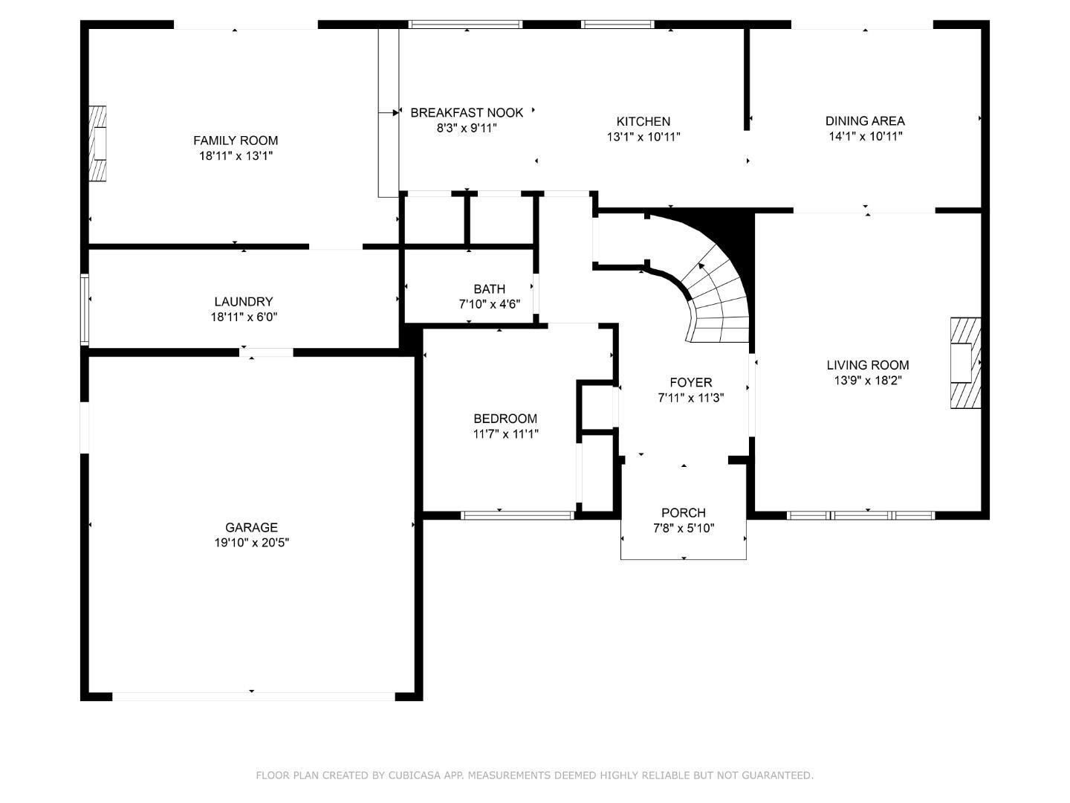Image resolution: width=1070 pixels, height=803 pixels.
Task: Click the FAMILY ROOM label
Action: [236, 141]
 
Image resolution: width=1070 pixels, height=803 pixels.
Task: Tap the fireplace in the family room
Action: [97, 143]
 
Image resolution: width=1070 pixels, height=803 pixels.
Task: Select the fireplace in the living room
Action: [965, 363]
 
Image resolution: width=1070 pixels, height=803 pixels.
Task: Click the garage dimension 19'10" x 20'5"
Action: [252, 543]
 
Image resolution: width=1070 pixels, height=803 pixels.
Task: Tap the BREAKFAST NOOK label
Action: [467, 112]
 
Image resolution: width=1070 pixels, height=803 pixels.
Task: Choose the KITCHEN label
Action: [643, 121]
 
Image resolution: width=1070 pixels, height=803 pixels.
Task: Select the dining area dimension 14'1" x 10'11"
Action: [865, 136]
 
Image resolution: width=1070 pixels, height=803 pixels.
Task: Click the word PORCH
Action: [684, 513]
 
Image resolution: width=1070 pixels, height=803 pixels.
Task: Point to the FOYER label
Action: [691, 382]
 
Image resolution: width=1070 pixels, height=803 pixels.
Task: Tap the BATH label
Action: [489, 288]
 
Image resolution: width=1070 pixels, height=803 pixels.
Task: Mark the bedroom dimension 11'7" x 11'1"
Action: [505, 434]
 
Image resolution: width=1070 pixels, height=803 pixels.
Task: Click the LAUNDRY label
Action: [244, 302]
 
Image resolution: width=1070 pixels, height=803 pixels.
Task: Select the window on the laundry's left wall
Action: [85, 309]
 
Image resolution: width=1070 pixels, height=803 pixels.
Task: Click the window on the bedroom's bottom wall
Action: [517, 515]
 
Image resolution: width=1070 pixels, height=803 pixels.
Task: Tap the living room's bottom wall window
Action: [860, 515]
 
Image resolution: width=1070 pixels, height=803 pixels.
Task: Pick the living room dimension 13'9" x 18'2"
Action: [868, 381]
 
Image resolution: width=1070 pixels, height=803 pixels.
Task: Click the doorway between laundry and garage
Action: [266, 352]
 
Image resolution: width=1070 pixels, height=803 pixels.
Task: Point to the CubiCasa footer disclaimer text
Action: [534, 775]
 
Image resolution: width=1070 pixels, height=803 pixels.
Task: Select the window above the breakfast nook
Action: [466, 25]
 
